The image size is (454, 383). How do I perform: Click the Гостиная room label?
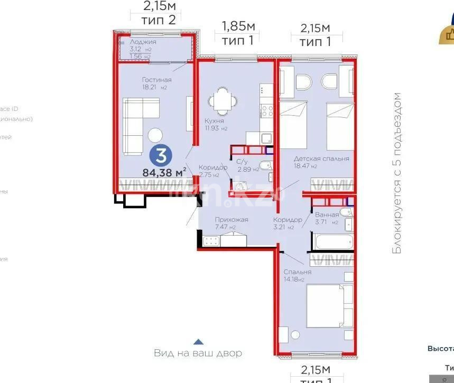click(156, 80)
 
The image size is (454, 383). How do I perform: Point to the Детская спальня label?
click(322, 158)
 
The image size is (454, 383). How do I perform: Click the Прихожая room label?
click(231, 220)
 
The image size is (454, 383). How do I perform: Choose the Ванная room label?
click(327, 215)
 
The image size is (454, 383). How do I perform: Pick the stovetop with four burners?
click(265, 111)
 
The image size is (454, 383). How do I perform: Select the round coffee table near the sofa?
click(155, 135)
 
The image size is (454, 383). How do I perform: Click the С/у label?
click(242, 162)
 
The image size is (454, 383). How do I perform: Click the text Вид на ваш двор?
click(198, 353)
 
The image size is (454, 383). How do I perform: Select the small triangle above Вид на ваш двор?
click(197, 342)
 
